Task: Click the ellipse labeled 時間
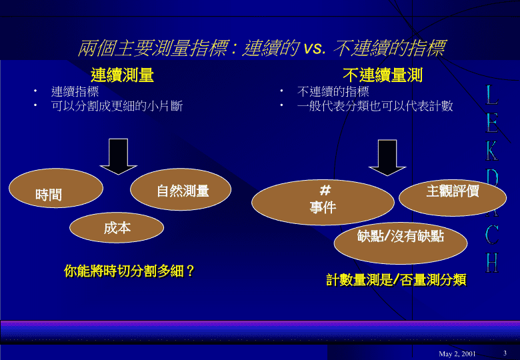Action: (x=56, y=188)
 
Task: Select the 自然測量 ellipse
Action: (x=181, y=189)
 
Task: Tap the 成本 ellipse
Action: (x=117, y=227)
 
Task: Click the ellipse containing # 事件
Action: (x=323, y=202)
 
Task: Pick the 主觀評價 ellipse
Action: (x=453, y=197)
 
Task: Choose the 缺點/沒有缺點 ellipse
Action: (x=400, y=243)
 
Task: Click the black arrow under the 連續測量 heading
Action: (x=119, y=157)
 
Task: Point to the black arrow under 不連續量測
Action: (x=387, y=158)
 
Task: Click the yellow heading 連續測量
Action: (x=123, y=75)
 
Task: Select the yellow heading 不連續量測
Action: (x=383, y=75)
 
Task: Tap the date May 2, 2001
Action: (x=457, y=354)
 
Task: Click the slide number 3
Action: (x=505, y=353)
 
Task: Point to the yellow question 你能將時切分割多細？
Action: (x=129, y=271)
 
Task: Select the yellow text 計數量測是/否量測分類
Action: (x=396, y=279)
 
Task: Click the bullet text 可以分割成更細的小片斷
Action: (x=117, y=106)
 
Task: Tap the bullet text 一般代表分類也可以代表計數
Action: (x=375, y=106)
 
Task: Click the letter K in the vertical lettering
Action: (x=492, y=151)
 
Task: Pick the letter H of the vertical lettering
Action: (x=492, y=263)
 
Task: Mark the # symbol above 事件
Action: (x=325, y=190)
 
